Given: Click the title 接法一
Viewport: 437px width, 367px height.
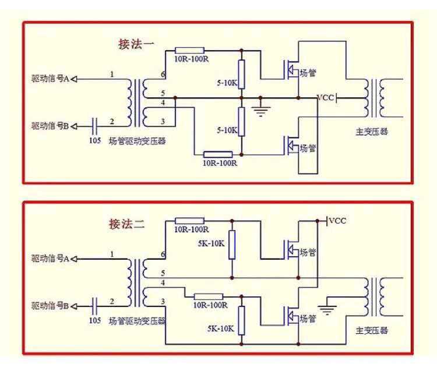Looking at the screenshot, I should click(136, 44).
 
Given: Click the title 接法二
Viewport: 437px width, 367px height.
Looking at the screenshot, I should click(127, 224).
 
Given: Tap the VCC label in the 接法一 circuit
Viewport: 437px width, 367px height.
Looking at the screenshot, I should click(325, 97).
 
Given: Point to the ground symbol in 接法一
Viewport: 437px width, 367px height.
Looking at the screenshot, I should click(260, 109).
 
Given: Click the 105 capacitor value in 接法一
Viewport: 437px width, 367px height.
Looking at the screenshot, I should click(94, 140).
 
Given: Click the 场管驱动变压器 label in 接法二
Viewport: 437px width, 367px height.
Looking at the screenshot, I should click(137, 320).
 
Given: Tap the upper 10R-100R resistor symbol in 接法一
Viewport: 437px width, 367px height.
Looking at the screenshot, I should click(189, 51).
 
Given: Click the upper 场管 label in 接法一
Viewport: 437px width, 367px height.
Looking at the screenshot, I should click(308, 73).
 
